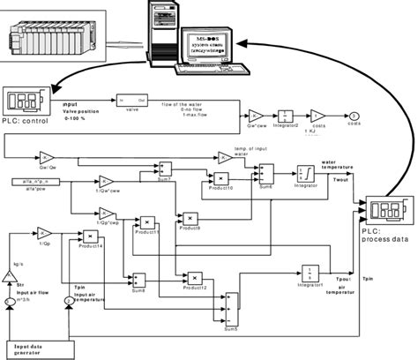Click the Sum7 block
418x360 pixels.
[x=164, y=169]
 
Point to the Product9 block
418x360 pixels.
[x=189, y=217]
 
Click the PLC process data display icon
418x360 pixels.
[x=386, y=211]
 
